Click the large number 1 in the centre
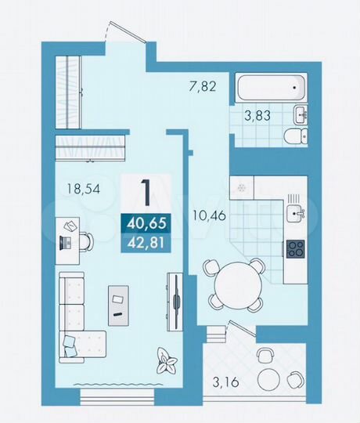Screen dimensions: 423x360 point(145,191)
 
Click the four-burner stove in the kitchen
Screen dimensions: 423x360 point(297,249)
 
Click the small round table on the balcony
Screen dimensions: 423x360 point(268,374)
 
